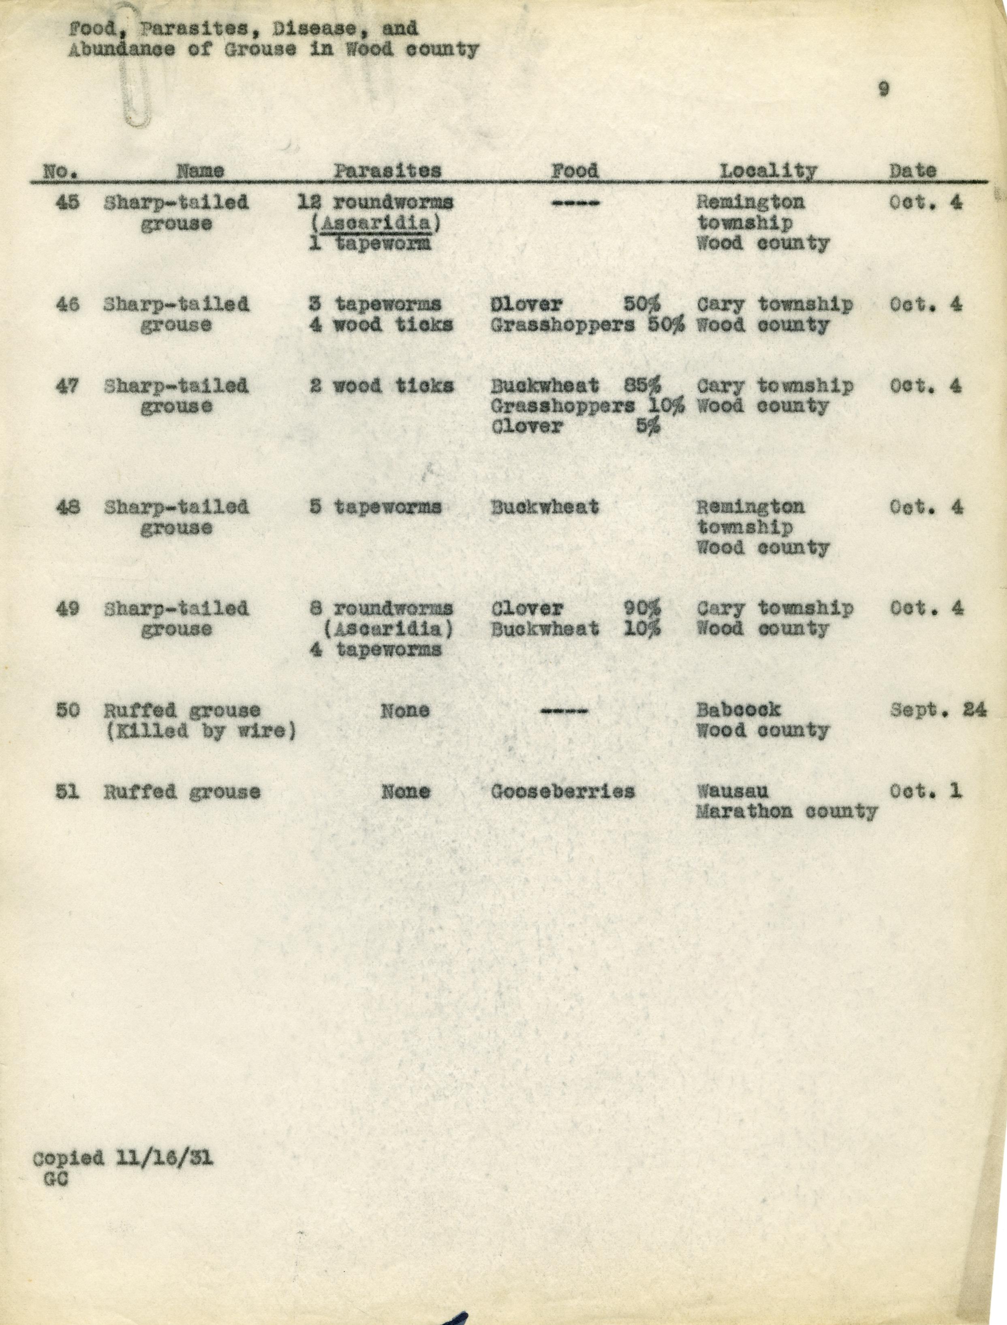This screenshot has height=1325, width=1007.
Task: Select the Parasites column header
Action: click(x=387, y=171)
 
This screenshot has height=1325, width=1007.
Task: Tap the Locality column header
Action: click(x=768, y=171)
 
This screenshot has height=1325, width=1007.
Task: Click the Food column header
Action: click(x=574, y=171)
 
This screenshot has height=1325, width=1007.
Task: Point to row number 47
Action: click(x=67, y=386)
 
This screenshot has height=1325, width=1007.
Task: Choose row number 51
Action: click(x=67, y=791)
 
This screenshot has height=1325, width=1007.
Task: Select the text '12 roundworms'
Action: click(x=375, y=203)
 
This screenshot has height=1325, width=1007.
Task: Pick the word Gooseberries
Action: click(x=562, y=791)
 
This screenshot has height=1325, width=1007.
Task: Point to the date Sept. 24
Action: click(x=937, y=710)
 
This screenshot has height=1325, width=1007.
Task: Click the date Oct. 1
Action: click(x=926, y=791)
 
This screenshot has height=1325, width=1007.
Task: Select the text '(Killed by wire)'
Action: click(x=201, y=731)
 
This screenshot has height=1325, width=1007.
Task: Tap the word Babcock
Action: click(x=738, y=710)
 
